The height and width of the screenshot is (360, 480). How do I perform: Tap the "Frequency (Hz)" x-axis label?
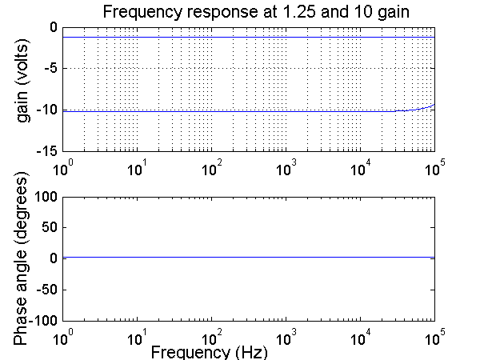[209, 351]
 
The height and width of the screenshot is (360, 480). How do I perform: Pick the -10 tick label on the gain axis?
[46, 110]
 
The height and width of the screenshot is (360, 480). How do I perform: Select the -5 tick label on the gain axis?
[50, 69]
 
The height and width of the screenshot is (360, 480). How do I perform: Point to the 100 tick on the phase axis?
[45, 196]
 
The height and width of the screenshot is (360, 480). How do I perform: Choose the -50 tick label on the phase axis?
[45, 289]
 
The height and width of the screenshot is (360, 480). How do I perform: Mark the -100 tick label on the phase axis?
[42, 320]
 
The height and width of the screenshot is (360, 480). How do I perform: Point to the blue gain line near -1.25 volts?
[240, 37]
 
